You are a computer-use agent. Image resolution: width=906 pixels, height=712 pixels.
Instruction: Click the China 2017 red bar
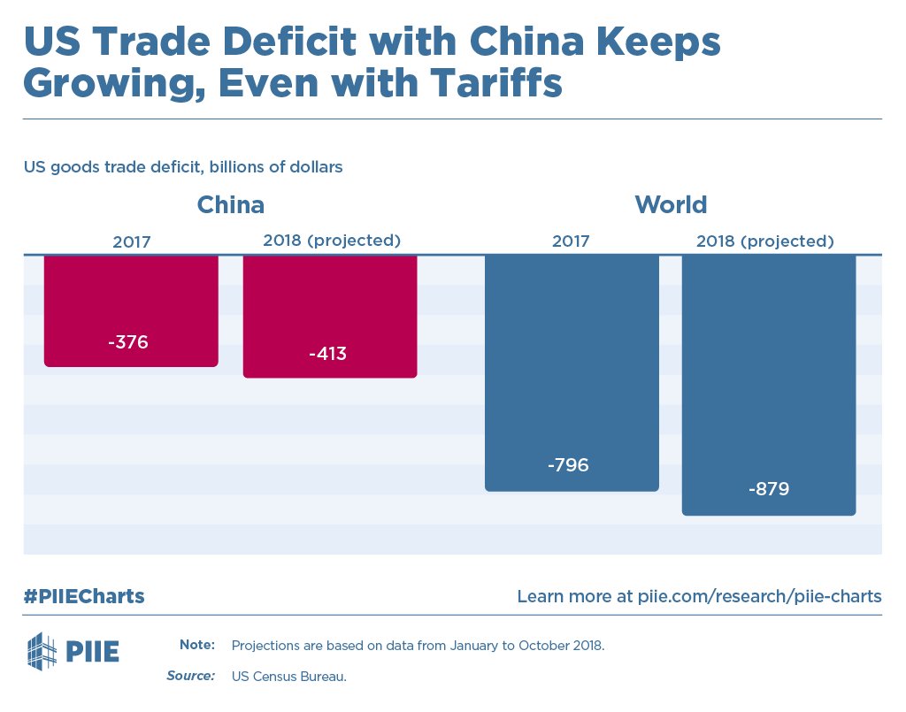coord(131,301)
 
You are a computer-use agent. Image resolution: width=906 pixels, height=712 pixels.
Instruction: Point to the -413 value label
coord(327,355)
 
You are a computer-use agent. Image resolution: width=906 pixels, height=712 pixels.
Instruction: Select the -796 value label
coord(568,465)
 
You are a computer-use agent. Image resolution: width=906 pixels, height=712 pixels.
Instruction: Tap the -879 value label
coord(768,489)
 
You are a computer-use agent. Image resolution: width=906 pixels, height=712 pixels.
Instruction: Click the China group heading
coord(230,205)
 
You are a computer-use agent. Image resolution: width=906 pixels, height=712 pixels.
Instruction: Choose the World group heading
coord(671,205)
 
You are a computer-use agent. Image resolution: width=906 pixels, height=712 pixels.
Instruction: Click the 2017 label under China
coord(131,241)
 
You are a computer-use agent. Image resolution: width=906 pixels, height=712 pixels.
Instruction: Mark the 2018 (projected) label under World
coord(765,241)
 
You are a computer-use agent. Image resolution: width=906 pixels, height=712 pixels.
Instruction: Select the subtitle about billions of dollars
coord(183,166)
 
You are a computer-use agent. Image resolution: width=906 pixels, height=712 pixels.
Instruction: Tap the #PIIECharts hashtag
coord(84,596)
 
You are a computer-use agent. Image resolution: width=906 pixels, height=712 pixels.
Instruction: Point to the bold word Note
coord(196,645)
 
